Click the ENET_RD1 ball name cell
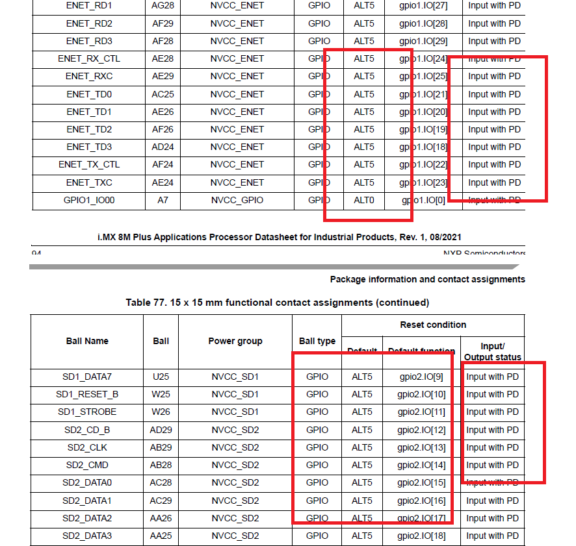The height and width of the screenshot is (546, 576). (89, 6)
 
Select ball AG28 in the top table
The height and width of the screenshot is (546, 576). (163, 6)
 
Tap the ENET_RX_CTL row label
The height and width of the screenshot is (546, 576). (89, 58)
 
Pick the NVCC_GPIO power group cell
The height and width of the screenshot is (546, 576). (237, 200)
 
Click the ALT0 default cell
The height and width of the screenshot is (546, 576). (364, 200)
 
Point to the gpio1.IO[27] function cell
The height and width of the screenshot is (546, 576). (423, 6)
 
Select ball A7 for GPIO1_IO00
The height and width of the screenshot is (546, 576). (163, 200)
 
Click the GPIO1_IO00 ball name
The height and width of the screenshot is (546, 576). (89, 200)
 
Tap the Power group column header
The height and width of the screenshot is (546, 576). (235, 341)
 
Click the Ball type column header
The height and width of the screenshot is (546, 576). (317, 341)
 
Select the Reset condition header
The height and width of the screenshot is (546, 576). (433, 325)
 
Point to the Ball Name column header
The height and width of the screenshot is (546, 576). (87, 341)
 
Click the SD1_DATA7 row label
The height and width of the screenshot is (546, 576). (87, 377)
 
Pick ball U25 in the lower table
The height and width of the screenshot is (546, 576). (161, 377)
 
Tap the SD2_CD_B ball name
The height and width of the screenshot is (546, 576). (87, 430)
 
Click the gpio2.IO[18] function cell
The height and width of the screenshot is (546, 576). (422, 536)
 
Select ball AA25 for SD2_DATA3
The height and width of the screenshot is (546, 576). (161, 536)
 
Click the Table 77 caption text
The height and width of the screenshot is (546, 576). (277, 303)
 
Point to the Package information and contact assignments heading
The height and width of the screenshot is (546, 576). (427, 279)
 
